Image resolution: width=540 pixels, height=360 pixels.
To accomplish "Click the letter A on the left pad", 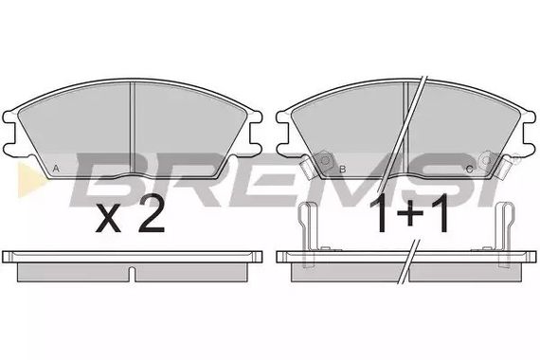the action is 57,169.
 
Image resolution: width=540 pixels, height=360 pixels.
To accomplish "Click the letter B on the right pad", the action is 342,170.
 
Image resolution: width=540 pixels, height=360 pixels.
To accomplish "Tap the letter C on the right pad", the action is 469,170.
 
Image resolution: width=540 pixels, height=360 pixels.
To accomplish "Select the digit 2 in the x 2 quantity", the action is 151,217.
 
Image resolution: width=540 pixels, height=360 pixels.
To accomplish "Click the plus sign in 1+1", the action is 410,213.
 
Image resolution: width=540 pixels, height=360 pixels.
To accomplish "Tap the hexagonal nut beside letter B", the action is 325,160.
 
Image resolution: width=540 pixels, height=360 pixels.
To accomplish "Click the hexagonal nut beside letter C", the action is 487,159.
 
